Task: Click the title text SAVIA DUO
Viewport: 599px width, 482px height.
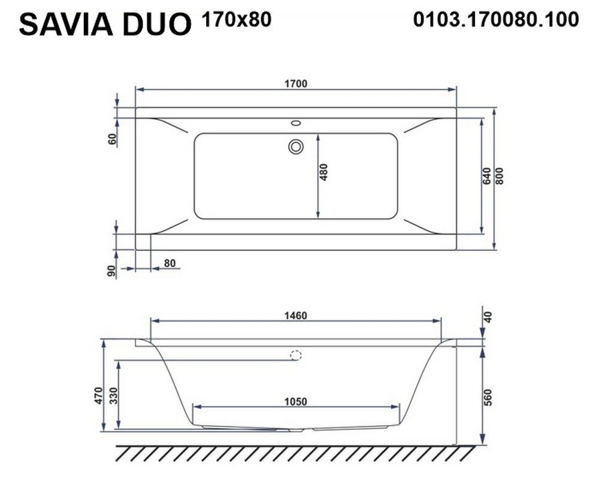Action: pyautogui.click(x=105, y=24)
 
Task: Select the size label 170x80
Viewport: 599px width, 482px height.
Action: pyautogui.click(x=237, y=19)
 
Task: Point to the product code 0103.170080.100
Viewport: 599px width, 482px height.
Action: pyautogui.click(x=496, y=19)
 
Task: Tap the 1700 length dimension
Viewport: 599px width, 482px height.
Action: pyautogui.click(x=296, y=84)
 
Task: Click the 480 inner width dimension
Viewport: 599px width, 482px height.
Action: pyautogui.click(x=323, y=172)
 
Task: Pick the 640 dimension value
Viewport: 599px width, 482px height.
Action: pyautogui.click(x=486, y=176)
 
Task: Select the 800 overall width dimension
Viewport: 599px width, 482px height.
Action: pyautogui.click(x=500, y=176)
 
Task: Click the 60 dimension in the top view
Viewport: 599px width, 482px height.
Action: pyautogui.click(x=113, y=139)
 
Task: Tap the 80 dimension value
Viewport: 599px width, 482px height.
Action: pyautogui.click(x=170, y=263)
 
